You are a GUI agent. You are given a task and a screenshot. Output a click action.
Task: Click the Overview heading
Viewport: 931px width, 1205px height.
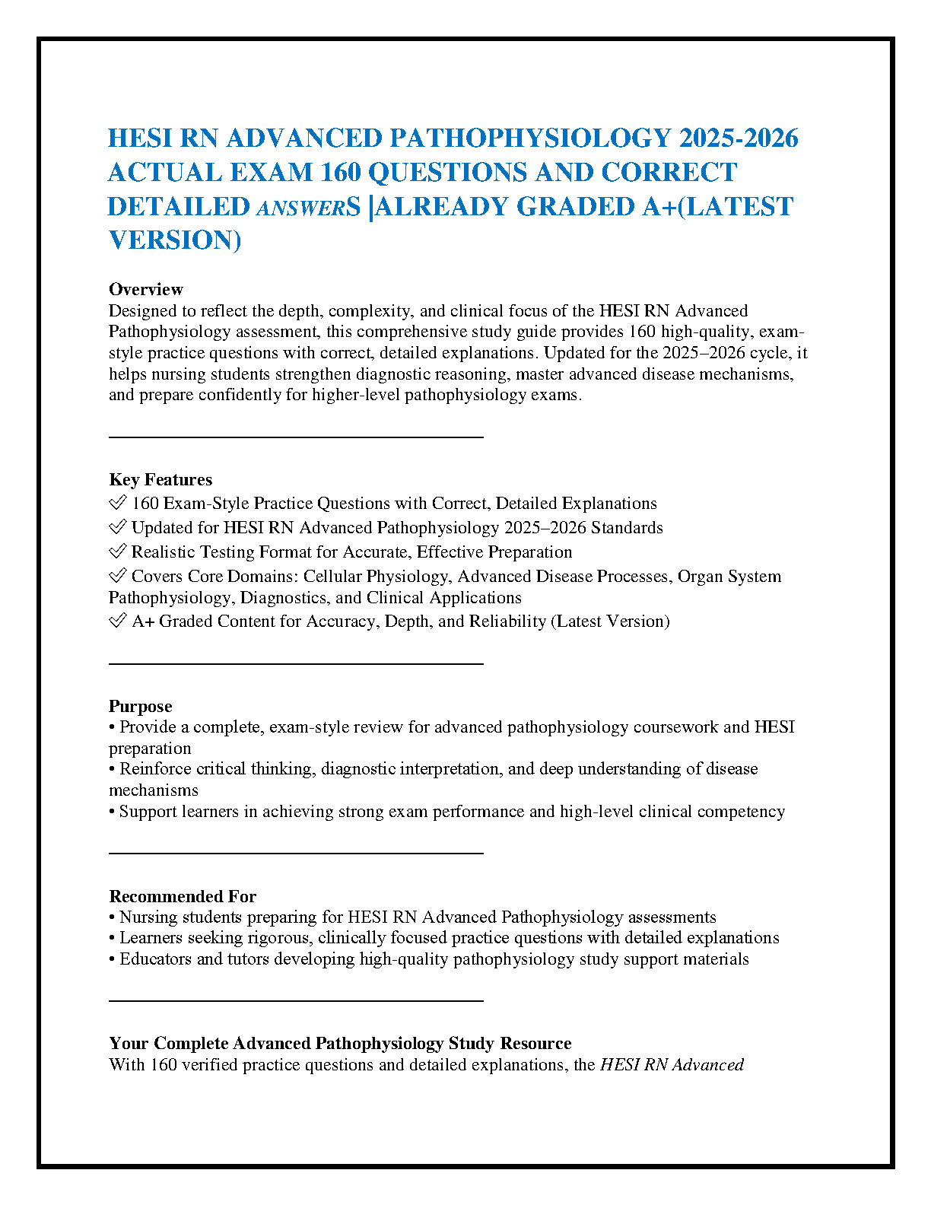(x=145, y=289)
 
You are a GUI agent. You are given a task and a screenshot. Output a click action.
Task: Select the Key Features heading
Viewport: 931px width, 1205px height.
(x=160, y=479)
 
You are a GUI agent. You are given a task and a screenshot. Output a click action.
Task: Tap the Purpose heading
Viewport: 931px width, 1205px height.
(x=140, y=706)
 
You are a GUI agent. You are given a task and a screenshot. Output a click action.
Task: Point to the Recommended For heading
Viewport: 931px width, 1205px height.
(x=183, y=896)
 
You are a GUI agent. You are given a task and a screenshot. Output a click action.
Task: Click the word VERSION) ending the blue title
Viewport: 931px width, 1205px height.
(x=175, y=240)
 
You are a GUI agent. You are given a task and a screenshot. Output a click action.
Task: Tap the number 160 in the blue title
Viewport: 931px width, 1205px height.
(x=342, y=173)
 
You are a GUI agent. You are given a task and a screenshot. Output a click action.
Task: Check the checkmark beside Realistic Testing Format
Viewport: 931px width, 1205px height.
(x=117, y=552)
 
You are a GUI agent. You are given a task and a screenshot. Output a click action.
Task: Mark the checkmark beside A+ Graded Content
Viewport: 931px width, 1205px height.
(x=117, y=621)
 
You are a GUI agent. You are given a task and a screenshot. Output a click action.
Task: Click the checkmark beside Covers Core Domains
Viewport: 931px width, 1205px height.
(x=117, y=576)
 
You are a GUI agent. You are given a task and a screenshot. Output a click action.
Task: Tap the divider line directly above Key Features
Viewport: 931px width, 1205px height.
(x=296, y=437)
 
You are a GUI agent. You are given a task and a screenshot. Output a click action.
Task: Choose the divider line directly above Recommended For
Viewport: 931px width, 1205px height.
(x=296, y=854)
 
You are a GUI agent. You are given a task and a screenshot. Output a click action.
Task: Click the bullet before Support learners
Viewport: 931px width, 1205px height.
(x=112, y=812)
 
